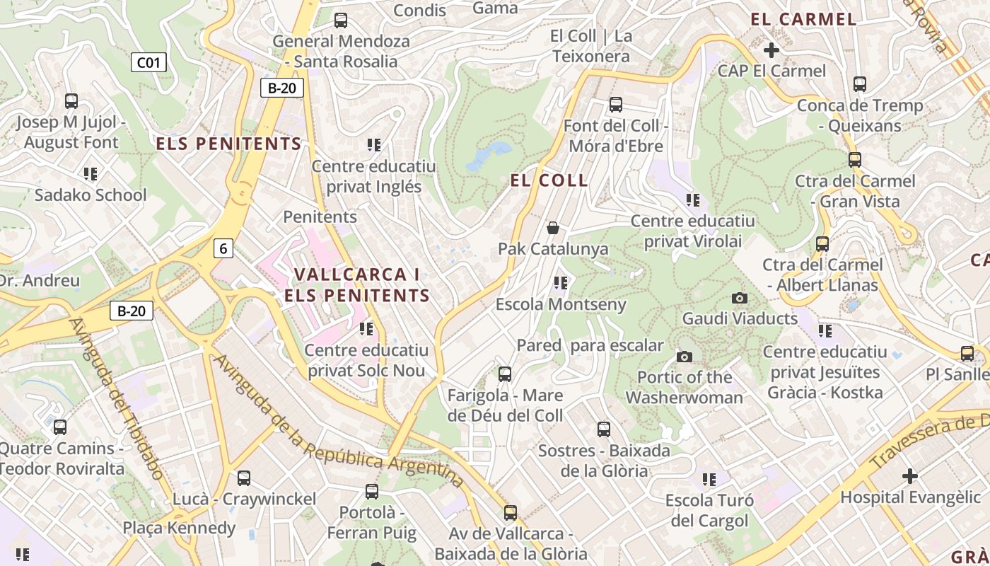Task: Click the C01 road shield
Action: pos(148,63)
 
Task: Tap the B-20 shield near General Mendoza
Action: pos(282,88)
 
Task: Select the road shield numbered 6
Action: pos(223,248)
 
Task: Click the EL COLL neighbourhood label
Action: pos(549,180)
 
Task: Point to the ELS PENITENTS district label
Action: pos(228,144)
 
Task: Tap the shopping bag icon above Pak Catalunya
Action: pos(553,228)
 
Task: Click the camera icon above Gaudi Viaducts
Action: pos(740,298)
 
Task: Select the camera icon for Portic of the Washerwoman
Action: pos(685,357)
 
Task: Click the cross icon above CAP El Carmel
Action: pos(771,50)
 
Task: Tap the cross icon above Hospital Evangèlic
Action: pos(910,476)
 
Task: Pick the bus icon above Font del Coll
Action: pos(615,105)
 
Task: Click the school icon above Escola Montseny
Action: pos(561,284)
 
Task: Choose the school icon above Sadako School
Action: pos(91,174)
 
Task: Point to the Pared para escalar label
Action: pos(590,345)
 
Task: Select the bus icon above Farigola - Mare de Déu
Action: pos(505,374)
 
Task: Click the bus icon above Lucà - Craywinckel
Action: pos(244,478)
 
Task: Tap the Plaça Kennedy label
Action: pos(179,528)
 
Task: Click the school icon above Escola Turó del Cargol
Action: pos(709,480)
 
